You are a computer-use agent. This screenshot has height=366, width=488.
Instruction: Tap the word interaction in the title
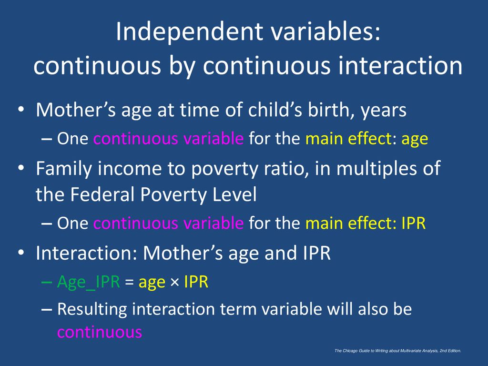pos(400,66)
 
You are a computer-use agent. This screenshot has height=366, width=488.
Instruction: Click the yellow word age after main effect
pos(415,140)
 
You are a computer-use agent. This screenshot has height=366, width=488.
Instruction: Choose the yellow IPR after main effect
pos(413,223)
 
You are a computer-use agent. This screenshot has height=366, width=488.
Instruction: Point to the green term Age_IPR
pos(88,283)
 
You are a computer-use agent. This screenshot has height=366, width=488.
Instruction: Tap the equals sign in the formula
pos(129,282)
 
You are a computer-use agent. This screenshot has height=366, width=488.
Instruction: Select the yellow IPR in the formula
pos(196,282)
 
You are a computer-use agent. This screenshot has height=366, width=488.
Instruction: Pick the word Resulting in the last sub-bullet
pos(92,310)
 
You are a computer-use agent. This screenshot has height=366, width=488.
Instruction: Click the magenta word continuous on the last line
pos(100,332)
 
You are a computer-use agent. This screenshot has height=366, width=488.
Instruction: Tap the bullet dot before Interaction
pos(21,253)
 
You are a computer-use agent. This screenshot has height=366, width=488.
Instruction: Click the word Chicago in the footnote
pos(350,351)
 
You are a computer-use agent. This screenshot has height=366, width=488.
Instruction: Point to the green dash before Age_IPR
pos(47,282)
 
